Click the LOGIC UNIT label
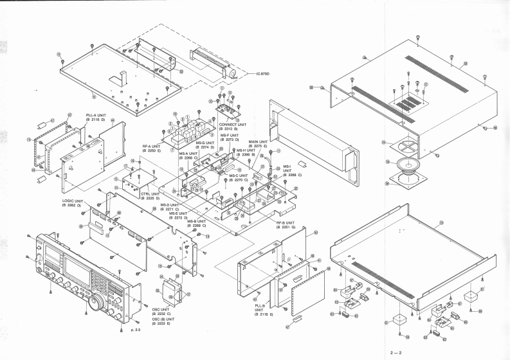(x=73, y=202)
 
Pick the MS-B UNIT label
(x=197, y=223)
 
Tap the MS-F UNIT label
(x=230, y=137)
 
